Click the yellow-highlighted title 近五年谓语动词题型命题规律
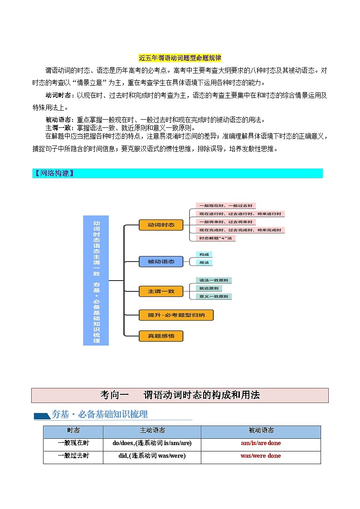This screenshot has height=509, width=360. tap(180, 58)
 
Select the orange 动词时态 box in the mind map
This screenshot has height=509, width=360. tap(161, 225)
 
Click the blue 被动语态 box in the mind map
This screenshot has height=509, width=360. tap(161, 262)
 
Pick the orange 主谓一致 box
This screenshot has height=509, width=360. tap(161, 291)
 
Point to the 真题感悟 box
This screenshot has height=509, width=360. tap(161, 336)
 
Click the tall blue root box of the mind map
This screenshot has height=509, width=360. tap(96, 280)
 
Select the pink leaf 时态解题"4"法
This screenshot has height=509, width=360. tap(215, 238)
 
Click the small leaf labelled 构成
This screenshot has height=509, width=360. tap(204, 255)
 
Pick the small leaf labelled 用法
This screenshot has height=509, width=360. tap(204, 262)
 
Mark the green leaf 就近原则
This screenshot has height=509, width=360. tap(209, 288)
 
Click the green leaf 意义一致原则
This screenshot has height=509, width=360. tap(214, 296)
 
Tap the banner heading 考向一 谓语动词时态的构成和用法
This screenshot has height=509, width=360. tap(180, 395)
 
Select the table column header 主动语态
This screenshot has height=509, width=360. tap(152, 431)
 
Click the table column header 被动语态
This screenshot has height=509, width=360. tap(261, 431)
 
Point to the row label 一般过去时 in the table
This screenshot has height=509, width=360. tap(73, 456)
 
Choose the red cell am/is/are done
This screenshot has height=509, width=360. tap(261, 443)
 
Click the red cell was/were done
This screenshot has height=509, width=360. tap(261, 456)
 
